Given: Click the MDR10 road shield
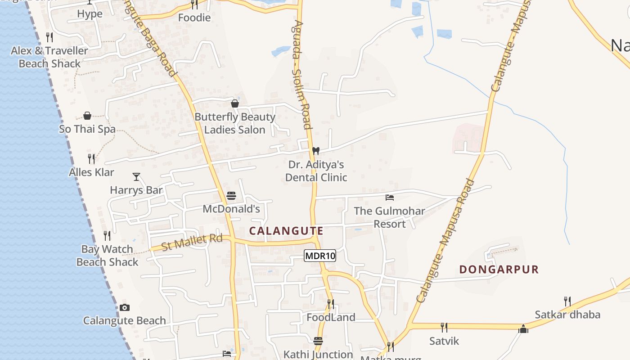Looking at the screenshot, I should pos(320,256).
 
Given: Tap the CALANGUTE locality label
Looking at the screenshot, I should pos(286,231).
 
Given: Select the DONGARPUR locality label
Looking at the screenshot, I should pos(499,270).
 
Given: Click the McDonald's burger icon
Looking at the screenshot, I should pos(231,196).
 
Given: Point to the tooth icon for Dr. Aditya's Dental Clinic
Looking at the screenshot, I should pos(316,151).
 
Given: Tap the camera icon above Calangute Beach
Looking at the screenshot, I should pos(125,308).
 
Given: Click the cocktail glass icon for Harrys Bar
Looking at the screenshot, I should pos(136,177).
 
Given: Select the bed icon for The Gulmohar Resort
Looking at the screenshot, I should pos(390,198).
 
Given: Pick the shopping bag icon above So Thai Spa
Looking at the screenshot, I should pos(87,116).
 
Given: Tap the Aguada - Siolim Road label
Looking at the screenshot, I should pos(302,74).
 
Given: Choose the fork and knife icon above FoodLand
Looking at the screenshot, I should pos(331,304).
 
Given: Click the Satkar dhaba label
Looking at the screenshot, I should pos(567,315).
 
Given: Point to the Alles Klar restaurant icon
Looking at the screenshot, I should pos(91,159).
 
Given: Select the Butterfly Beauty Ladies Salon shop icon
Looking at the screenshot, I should pos(235,104).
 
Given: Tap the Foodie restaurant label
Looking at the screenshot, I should pos(194,18).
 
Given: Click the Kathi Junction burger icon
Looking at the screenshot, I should pos(318,341).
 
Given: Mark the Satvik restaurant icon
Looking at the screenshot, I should pos(444,327).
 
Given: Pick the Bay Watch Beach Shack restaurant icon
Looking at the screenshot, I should pos(107,236).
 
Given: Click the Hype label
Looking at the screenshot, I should pos(90,13).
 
